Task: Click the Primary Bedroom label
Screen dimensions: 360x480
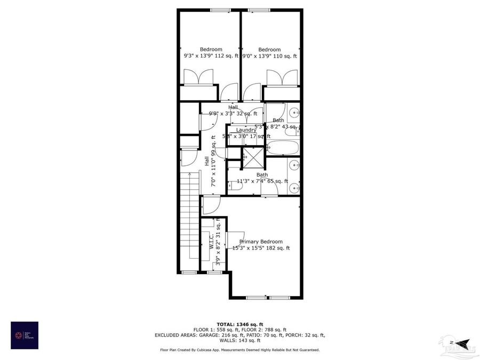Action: [x=261, y=242]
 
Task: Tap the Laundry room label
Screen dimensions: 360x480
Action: [x=246, y=130]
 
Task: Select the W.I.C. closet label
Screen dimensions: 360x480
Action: [x=212, y=241]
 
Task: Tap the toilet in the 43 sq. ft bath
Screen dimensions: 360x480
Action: [x=297, y=129]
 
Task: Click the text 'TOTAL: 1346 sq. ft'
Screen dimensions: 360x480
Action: [x=240, y=324]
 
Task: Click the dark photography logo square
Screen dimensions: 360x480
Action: [x=25, y=335]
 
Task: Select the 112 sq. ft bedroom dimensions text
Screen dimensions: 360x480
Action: [x=211, y=56]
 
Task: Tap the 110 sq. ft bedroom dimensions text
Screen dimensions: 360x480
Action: [x=269, y=56]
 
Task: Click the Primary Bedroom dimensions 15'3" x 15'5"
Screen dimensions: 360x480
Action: [x=261, y=248]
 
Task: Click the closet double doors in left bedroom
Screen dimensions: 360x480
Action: [x=198, y=78]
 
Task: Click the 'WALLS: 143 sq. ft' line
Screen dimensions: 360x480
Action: [x=240, y=340]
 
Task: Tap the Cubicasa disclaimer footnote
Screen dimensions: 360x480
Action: [x=240, y=350]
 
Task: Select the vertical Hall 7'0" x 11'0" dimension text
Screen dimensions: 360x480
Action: [x=213, y=160]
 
